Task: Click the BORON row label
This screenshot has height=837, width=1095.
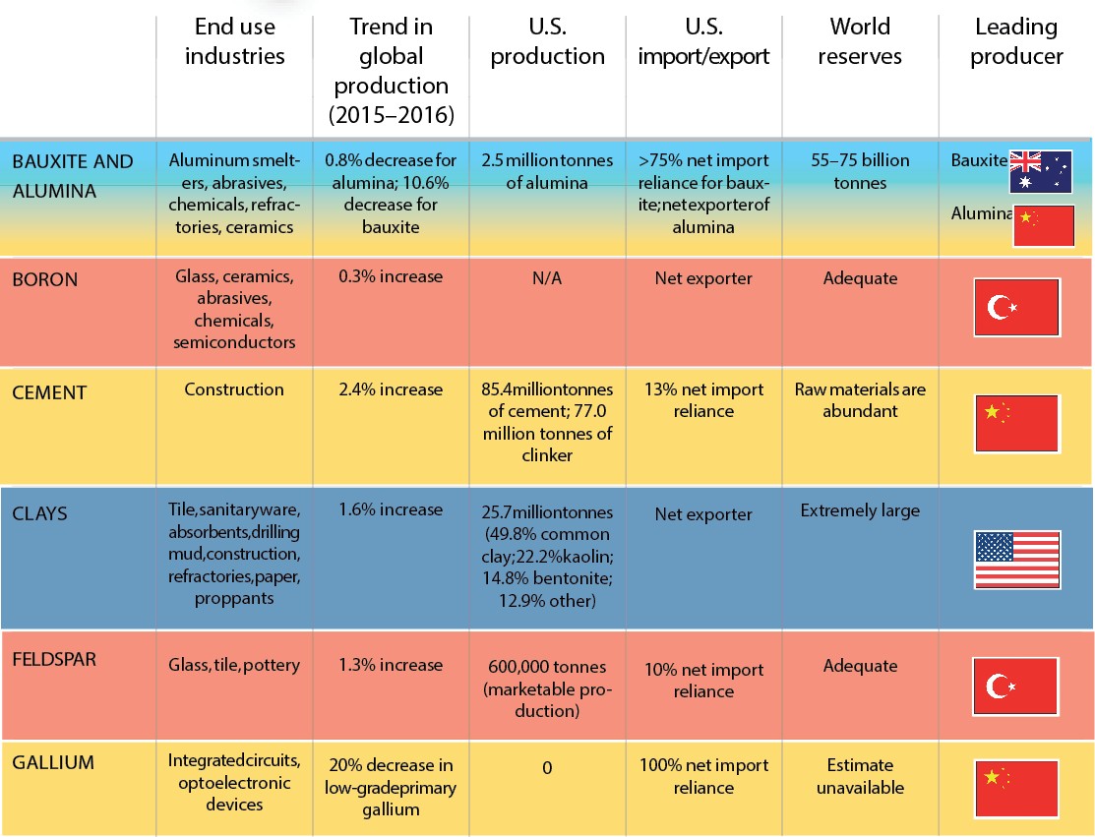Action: click(44, 280)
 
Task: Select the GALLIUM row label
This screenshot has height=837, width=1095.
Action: click(53, 762)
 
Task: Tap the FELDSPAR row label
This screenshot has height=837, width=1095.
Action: click(55, 659)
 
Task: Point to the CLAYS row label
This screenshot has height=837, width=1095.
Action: click(41, 513)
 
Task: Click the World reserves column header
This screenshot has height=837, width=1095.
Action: click(860, 41)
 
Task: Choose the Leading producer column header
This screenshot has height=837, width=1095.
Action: click(1016, 41)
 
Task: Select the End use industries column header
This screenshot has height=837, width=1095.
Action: click(234, 41)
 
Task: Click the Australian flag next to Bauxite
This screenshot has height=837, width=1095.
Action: click(1040, 171)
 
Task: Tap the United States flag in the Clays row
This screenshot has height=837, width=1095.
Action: click(1016, 560)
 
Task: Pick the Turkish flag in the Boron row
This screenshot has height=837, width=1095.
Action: click(1016, 307)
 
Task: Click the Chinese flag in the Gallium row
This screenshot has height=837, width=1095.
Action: click(1016, 789)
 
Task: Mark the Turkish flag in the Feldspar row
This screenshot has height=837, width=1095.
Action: click(1016, 686)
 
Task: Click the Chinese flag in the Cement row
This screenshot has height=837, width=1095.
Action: click(1016, 424)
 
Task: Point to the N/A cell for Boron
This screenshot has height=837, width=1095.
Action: click(547, 279)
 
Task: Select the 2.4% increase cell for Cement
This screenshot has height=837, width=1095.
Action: click(391, 389)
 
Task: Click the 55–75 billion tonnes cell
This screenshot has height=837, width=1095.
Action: click(860, 171)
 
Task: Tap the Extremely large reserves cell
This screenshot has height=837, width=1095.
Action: click(860, 510)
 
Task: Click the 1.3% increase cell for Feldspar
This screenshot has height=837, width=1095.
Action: click(391, 666)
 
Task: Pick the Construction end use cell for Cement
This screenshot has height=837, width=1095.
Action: click(234, 389)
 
